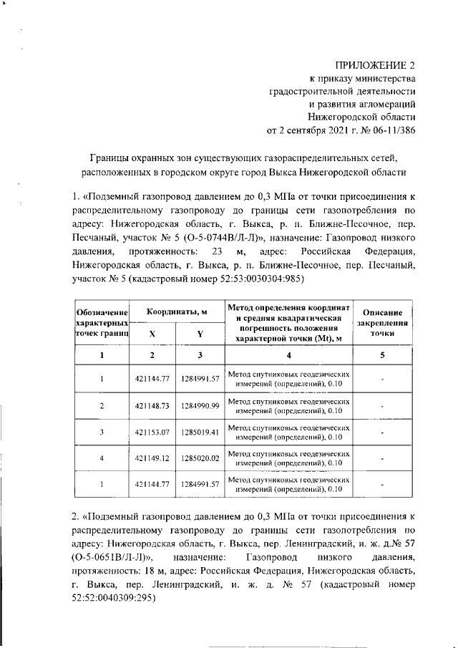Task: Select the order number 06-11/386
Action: click(x=391, y=130)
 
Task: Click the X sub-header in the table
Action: click(x=152, y=334)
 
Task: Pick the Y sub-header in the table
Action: click(x=200, y=334)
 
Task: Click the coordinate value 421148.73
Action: click(x=152, y=406)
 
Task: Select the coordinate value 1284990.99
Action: click(x=200, y=406)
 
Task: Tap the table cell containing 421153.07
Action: click(x=152, y=432)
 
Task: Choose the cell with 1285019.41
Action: click(x=200, y=432)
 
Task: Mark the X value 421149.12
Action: click(x=152, y=458)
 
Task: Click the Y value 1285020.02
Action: click(x=200, y=458)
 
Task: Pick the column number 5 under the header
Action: click(x=384, y=356)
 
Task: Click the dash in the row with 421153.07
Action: click(x=384, y=432)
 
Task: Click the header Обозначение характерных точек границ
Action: click(x=102, y=323)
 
